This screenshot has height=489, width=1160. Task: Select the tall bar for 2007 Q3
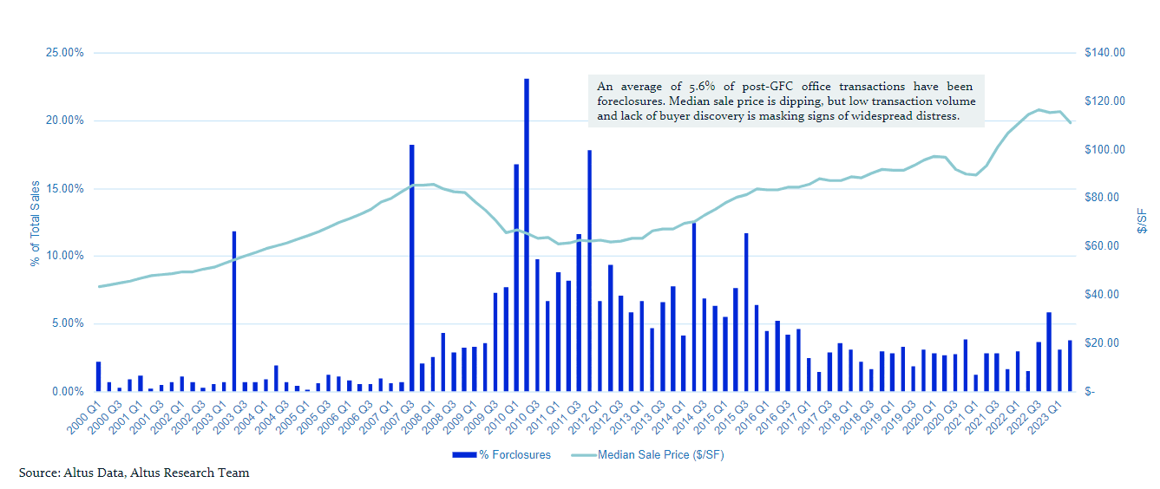click(x=411, y=268)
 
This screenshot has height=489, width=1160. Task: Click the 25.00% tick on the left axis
click(x=64, y=53)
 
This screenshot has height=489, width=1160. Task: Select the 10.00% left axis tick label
click(x=64, y=256)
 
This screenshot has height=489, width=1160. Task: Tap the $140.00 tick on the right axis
click(x=1104, y=53)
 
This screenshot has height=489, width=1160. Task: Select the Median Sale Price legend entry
click(x=647, y=455)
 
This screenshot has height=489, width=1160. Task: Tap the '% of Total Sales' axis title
click(x=36, y=223)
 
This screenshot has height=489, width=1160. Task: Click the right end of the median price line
click(x=1071, y=123)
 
